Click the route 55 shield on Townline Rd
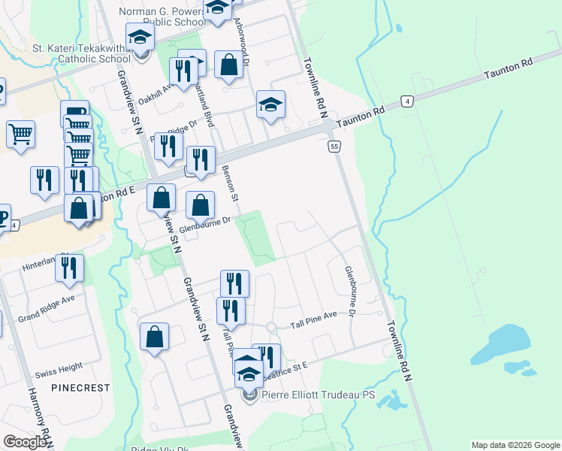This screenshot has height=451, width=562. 334,146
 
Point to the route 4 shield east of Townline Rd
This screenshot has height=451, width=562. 406,101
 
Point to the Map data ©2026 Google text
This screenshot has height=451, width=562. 515,445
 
